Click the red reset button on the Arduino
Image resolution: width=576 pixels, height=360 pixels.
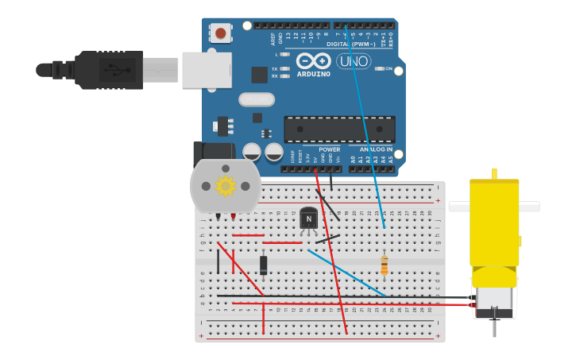point(220,33)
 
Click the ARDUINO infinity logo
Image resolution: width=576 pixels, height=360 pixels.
point(313,62)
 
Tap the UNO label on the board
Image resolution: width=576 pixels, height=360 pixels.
point(354,61)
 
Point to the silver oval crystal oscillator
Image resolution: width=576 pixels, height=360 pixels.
point(256,99)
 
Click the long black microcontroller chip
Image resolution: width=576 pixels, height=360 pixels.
point(339,129)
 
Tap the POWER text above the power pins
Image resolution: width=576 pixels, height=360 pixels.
point(329,149)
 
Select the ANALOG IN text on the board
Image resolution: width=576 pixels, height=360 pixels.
point(375,149)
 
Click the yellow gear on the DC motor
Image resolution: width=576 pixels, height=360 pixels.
point(226,186)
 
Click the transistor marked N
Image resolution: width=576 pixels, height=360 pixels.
point(309,219)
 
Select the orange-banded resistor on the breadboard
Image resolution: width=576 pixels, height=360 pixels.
point(385,265)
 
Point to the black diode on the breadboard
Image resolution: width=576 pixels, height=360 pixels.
point(264,265)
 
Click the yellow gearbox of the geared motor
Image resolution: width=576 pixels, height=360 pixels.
point(493,226)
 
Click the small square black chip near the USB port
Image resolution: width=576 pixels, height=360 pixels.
point(260,75)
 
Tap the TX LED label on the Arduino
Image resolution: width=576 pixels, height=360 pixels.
point(275,69)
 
